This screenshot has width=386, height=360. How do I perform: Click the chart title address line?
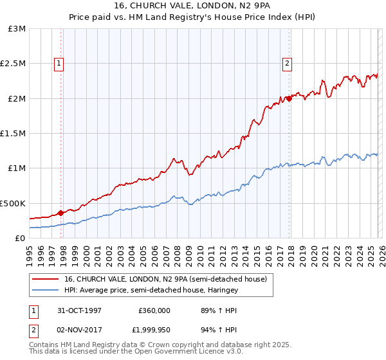[192, 6]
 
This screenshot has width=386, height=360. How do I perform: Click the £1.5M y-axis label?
[14, 134]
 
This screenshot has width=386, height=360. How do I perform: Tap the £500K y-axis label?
[13, 203]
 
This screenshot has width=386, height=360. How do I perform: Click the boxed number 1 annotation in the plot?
[59, 63]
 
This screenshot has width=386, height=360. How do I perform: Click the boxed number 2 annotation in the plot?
[286, 63]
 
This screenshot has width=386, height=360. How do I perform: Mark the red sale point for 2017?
[289, 98]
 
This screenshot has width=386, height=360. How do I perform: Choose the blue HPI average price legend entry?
[151, 291]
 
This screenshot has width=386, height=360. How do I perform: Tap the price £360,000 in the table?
[154, 310]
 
